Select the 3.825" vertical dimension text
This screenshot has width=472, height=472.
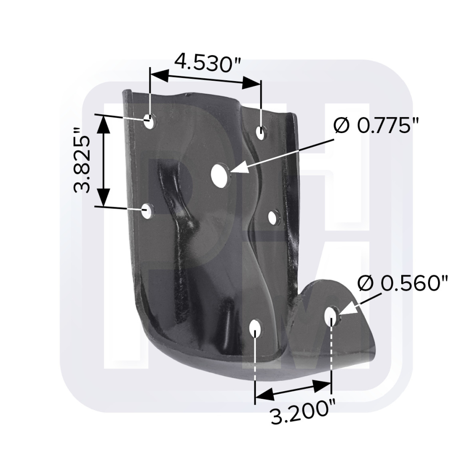pyautogui.click(x=82, y=160)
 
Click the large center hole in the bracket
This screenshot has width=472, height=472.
pyautogui.click(x=219, y=174)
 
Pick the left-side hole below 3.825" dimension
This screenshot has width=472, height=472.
pyautogui.click(x=147, y=211)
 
